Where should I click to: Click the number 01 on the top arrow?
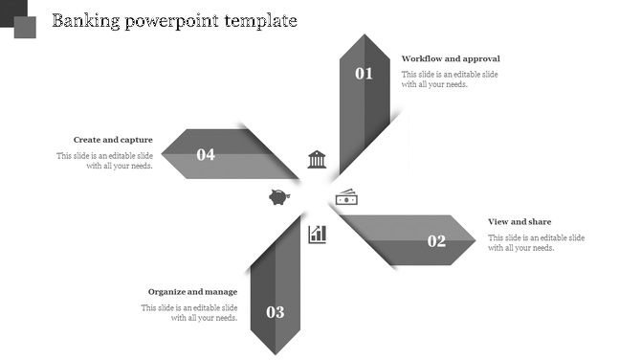coord(365,74)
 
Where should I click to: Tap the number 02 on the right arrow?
coord(436,241)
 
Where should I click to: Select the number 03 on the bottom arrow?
coord(276,312)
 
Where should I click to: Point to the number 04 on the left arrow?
coord(206,154)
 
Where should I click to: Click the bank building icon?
coord(317,159)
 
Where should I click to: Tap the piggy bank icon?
coord(279,197)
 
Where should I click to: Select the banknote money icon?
coord(346,197)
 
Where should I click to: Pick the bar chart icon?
coord(317,234)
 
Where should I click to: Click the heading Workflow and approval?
coord(451,58)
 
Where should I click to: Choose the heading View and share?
coord(519,222)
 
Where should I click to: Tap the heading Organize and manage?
coord(192,292)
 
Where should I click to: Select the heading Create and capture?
coord(113,140)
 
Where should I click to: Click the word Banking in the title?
coord(85,20)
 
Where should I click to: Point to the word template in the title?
coord(260,20)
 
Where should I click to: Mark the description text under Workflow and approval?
coord(450,79)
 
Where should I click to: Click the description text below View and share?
coord(536,243)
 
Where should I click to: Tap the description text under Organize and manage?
coord(189,313)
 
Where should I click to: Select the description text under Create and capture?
coord(104,161)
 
